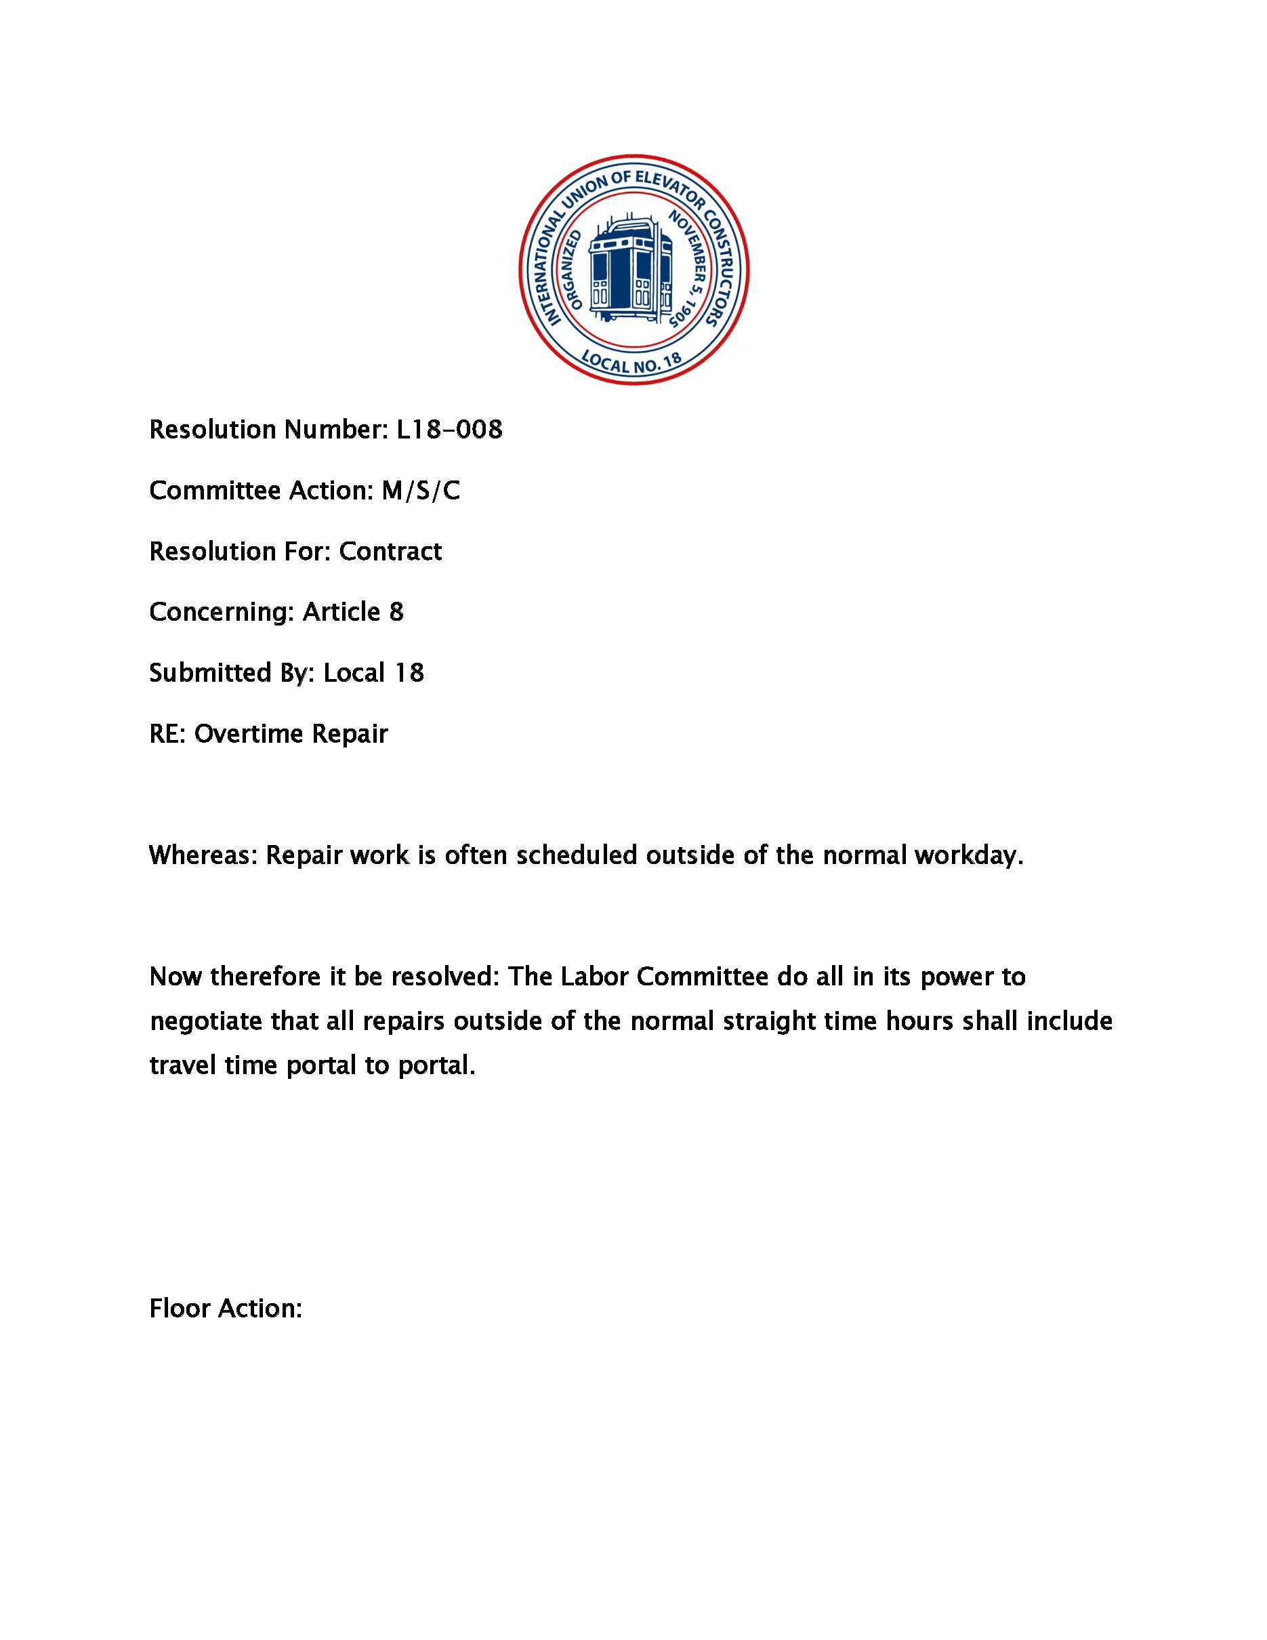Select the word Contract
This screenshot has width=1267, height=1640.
(x=390, y=552)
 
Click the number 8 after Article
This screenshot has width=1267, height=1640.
(x=396, y=613)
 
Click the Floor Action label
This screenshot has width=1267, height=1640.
(x=225, y=1309)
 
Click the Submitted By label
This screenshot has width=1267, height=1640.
(x=231, y=674)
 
